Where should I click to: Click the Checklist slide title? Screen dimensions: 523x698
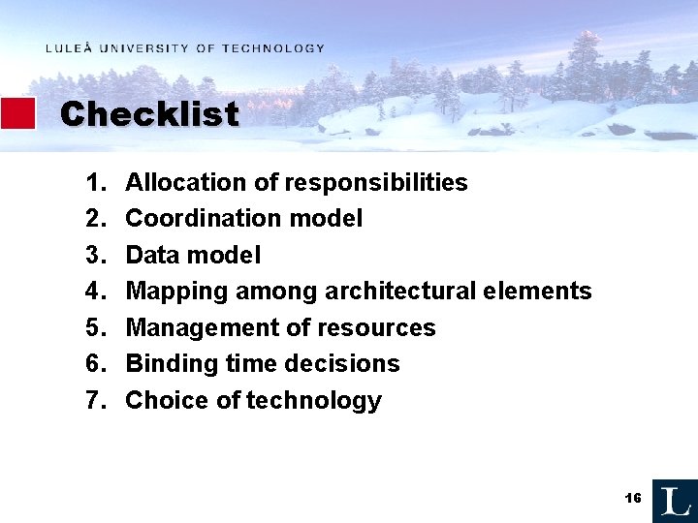(149, 114)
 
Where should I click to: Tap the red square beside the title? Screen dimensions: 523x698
(17, 113)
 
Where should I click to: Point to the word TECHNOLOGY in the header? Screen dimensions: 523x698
(273, 48)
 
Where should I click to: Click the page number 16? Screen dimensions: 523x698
(633, 498)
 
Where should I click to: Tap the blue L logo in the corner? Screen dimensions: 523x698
(675, 501)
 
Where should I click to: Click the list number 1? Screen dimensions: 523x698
(94, 183)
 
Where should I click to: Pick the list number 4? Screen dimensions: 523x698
(94, 292)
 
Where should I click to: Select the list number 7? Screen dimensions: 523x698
(94, 401)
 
